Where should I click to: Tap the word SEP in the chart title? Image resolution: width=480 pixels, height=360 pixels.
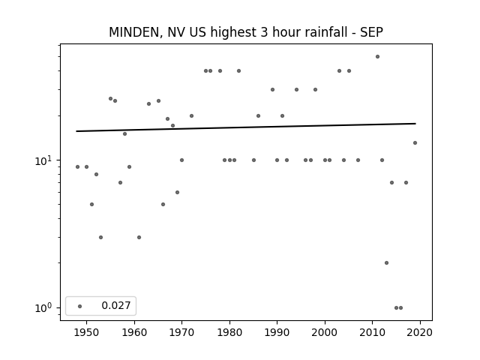pos(371,32)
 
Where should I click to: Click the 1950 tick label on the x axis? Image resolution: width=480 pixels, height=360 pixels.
pos(86,332)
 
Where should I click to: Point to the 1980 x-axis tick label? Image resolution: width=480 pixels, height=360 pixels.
pos(229,332)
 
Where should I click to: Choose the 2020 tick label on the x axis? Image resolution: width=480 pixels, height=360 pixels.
pos(420,332)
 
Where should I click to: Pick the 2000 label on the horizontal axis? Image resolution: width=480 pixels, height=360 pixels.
pos(325,332)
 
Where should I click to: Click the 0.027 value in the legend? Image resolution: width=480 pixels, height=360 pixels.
pos(116,305)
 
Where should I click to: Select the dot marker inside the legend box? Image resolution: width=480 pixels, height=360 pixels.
pos(80,306)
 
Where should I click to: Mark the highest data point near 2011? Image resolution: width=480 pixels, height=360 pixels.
pos(377,57)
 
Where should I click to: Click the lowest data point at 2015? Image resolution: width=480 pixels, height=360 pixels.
pos(396,307)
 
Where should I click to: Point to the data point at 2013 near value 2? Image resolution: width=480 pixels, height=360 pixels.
pos(387,262)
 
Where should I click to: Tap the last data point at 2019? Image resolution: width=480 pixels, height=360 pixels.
pos(415,142)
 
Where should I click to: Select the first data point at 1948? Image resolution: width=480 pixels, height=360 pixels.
pos(77,166)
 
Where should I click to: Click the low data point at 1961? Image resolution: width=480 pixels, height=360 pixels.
pos(139,237)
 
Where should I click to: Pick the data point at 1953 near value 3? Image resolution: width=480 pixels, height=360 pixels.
pos(100,237)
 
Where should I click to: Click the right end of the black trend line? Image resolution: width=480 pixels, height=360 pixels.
pos(415,123)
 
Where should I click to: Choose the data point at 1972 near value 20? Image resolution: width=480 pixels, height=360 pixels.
pos(192,115)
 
